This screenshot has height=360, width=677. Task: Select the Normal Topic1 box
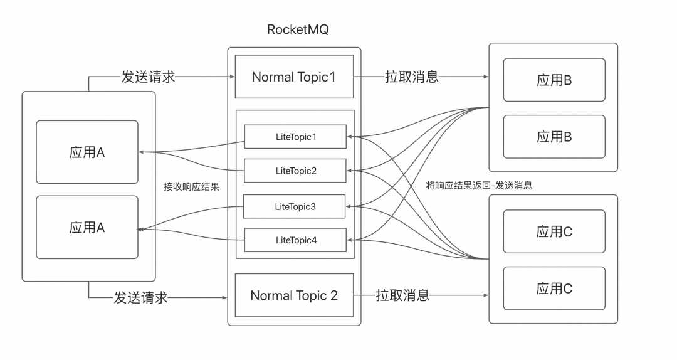(x=294, y=77)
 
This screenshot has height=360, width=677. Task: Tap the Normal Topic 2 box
(x=294, y=295)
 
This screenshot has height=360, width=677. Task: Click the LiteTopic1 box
(x=295, y=137)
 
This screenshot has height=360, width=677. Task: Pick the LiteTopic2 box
(x=295, y=171)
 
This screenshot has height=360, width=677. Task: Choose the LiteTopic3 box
(x=295, y=206)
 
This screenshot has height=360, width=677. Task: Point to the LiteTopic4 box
(x=295, y=240)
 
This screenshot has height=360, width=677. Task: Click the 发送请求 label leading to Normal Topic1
(x=148, y=77)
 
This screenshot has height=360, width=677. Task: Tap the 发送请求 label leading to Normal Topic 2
(x=141, y=297)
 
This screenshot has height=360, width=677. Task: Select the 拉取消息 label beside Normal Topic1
(x=412, y=77)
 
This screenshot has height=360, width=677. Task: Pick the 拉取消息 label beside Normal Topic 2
(x=403, y=295)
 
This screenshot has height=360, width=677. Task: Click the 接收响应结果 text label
(x=191, y=186)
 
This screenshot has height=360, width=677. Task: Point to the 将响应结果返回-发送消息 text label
(x=479, y=186)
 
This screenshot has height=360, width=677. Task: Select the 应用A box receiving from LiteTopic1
(x=87, y=152)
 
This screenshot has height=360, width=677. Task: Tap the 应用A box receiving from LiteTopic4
(x=87, y=228)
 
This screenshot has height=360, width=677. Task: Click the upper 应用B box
(x=555, y=80)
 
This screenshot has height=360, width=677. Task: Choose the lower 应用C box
(x=555, y=289)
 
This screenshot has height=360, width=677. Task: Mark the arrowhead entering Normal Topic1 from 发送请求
(x=231, y=77)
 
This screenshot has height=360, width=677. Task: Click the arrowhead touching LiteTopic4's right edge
(x=350, y=240)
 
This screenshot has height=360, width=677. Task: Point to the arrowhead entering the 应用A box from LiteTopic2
(x=142, y=152)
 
